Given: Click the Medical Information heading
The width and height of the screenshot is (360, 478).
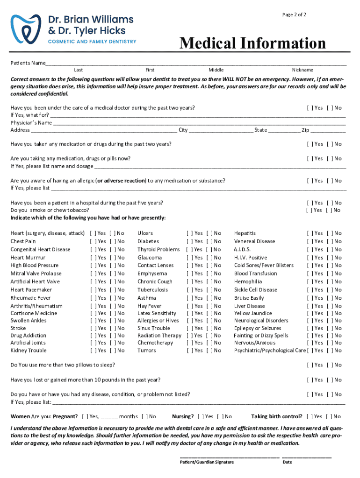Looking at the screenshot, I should click(253, 43).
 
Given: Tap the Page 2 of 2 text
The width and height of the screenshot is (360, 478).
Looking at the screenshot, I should click(294, 15).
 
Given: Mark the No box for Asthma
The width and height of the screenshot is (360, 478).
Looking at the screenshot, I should click(208, 298).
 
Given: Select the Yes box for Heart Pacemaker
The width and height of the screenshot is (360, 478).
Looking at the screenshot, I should click(92, 290).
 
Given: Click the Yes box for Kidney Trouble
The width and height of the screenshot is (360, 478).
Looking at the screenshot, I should click(92, 351).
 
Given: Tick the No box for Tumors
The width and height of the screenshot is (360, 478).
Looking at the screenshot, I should click(208, 351).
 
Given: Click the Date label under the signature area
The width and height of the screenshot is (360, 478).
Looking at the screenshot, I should click(287, 462).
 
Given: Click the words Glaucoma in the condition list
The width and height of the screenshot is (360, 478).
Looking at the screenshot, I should click(150, 258).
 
